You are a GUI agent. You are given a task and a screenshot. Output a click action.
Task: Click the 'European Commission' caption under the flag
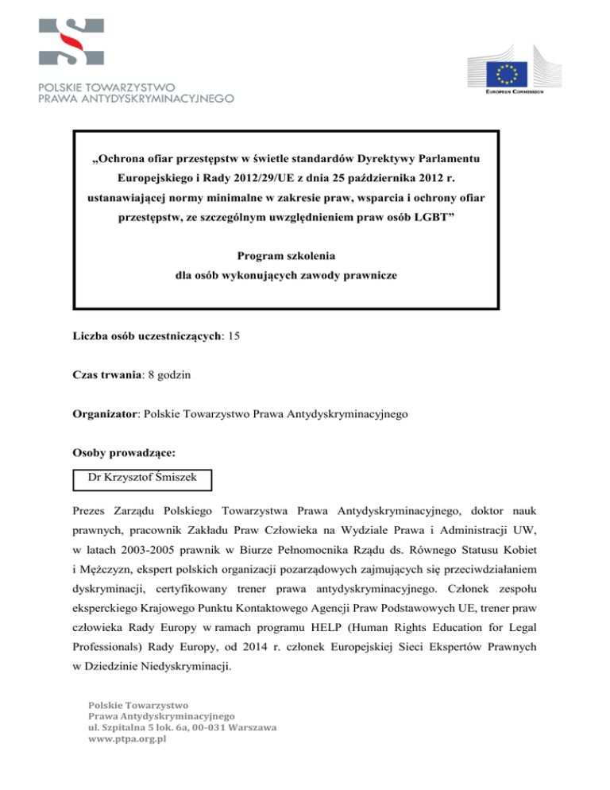(515, 91)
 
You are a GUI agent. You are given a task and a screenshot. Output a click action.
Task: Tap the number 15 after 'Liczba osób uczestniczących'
(234, 336)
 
